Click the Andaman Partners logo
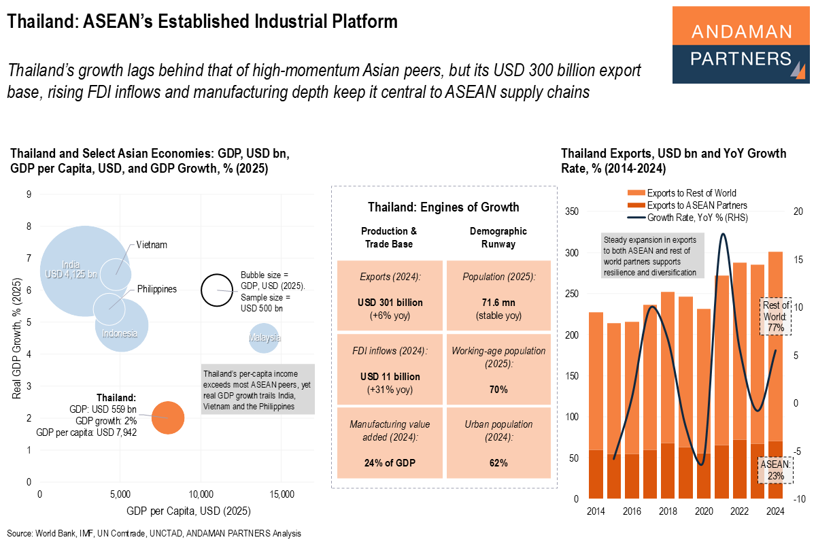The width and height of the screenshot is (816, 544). click(741, 45)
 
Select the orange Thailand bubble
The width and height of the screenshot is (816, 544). click(168, 418)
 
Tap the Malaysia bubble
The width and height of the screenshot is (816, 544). click(265, 338)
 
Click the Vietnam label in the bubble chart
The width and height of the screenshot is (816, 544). click(151, 245)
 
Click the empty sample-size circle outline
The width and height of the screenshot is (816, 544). click(216, 290)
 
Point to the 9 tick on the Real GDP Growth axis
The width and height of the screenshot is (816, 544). click(29, 194)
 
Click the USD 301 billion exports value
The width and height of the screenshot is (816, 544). click(390, 302)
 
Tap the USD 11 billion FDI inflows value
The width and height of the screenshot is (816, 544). click(390, 376)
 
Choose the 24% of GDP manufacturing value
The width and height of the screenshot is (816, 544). click(390, 463)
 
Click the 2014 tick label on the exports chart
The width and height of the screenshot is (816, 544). click(596, 512)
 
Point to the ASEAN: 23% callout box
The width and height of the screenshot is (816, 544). click(775, 470)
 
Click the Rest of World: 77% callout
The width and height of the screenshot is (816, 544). click(775, 316)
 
